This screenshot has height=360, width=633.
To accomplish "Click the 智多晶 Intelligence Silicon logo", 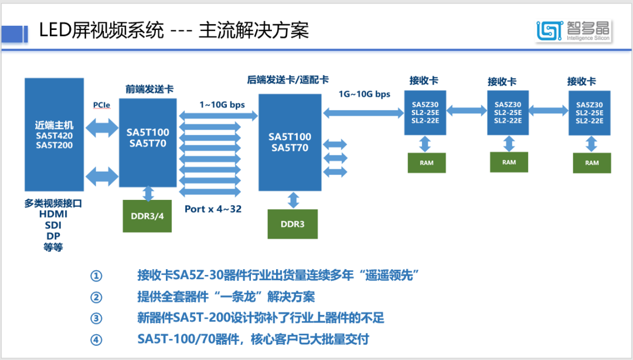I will pos(573,30).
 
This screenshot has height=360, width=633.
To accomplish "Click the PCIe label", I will pos(101,105).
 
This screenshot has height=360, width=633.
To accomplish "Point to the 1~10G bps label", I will pos(222,105).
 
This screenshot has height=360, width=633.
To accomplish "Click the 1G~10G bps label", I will pos(364,94).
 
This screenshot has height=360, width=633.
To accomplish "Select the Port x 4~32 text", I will pos(213,209).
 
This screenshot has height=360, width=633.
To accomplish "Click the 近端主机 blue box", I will pos(54,134).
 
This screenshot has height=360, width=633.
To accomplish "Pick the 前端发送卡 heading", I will pos(149,89).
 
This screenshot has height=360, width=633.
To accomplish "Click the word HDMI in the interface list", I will pos(53,215).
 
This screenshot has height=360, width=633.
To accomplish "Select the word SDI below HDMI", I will pos(53,225).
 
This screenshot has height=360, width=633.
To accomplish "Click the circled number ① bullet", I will pos(96,276).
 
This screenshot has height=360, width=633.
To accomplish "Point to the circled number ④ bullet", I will pos(96,339).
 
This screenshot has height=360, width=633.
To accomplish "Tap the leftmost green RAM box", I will pos(427,162).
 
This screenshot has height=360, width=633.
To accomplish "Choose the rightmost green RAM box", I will pos(592,162).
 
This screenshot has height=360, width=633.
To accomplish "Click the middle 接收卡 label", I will pos(502,81).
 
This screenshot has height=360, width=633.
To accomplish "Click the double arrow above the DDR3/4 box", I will pos(148,193).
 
